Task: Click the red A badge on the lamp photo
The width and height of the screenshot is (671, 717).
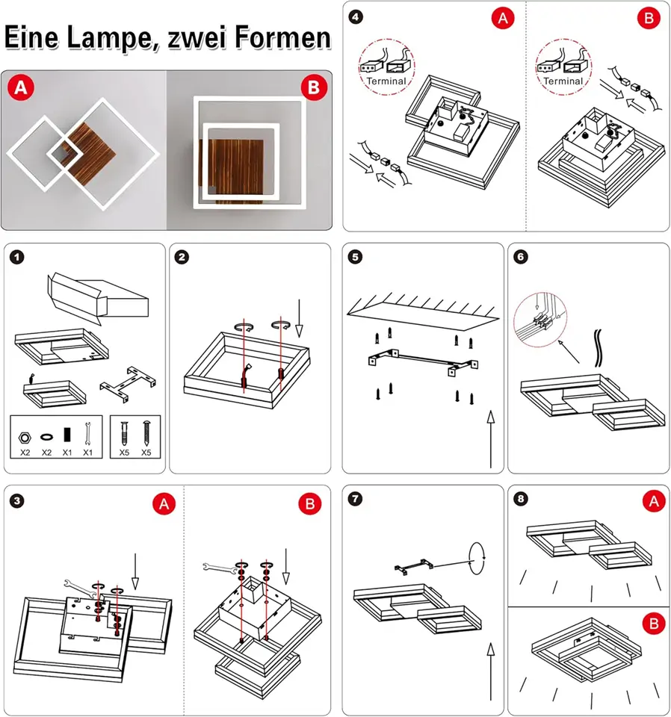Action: [20, 88]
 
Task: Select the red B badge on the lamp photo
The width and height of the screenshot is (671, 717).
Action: [314, 88]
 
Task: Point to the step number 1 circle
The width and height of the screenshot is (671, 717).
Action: [17, 258]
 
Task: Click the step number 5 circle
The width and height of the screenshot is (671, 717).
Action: [356, 258]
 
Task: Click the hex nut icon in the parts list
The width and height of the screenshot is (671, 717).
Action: [25, 434]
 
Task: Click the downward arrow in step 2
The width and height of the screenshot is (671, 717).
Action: [300, 317]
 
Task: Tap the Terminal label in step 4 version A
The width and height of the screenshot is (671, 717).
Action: [386, 81]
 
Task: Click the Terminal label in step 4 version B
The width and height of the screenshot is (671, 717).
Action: [563, 81]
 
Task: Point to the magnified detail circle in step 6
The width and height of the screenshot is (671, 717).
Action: [540, 319]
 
